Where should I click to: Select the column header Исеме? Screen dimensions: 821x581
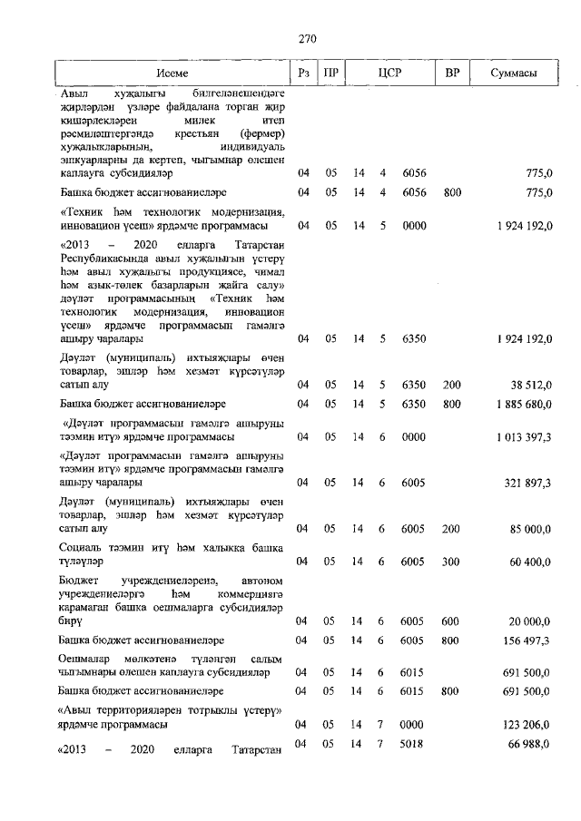pos(172,73)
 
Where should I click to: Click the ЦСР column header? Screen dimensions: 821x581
pos(391,73)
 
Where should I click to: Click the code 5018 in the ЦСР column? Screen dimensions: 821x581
pos(413,745)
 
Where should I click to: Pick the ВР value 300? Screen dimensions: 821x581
pos(450,562)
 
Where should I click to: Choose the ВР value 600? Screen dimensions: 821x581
pos(450,621)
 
